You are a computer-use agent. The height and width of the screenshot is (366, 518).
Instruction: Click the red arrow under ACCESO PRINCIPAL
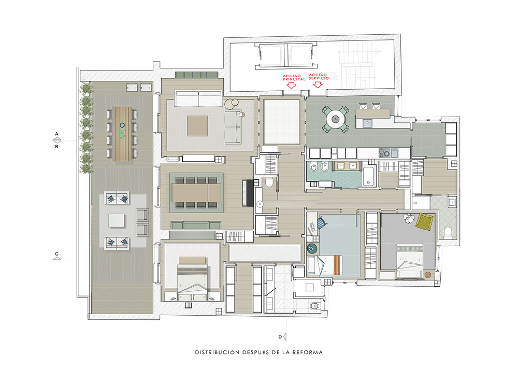[x=291, y=86]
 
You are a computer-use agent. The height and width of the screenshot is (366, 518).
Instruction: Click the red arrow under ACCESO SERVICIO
[x=318, y=85]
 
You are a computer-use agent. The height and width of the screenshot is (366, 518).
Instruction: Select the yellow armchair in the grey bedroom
[x=425, y=221]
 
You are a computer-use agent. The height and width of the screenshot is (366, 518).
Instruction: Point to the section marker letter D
[x=280, y=337]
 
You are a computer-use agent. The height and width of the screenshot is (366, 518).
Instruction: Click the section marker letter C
[x=57, y=254]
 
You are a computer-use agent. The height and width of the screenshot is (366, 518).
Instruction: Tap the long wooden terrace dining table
[x=122, y=134]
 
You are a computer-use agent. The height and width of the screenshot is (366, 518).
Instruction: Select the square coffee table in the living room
[x=197, y=125]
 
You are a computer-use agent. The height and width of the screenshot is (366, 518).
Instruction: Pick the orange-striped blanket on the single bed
[x=337, y=265]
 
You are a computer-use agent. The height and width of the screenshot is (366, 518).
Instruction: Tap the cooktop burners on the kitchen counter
[x=384, y=153]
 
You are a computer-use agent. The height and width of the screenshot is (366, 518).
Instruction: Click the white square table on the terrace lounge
[x=117, y=221]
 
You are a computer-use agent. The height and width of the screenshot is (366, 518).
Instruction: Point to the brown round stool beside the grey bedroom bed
[x=428, y=275]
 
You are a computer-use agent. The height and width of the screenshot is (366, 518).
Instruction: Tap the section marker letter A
[x=57, y=134]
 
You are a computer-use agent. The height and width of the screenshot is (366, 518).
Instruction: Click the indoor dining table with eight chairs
[x=196, y=193]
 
